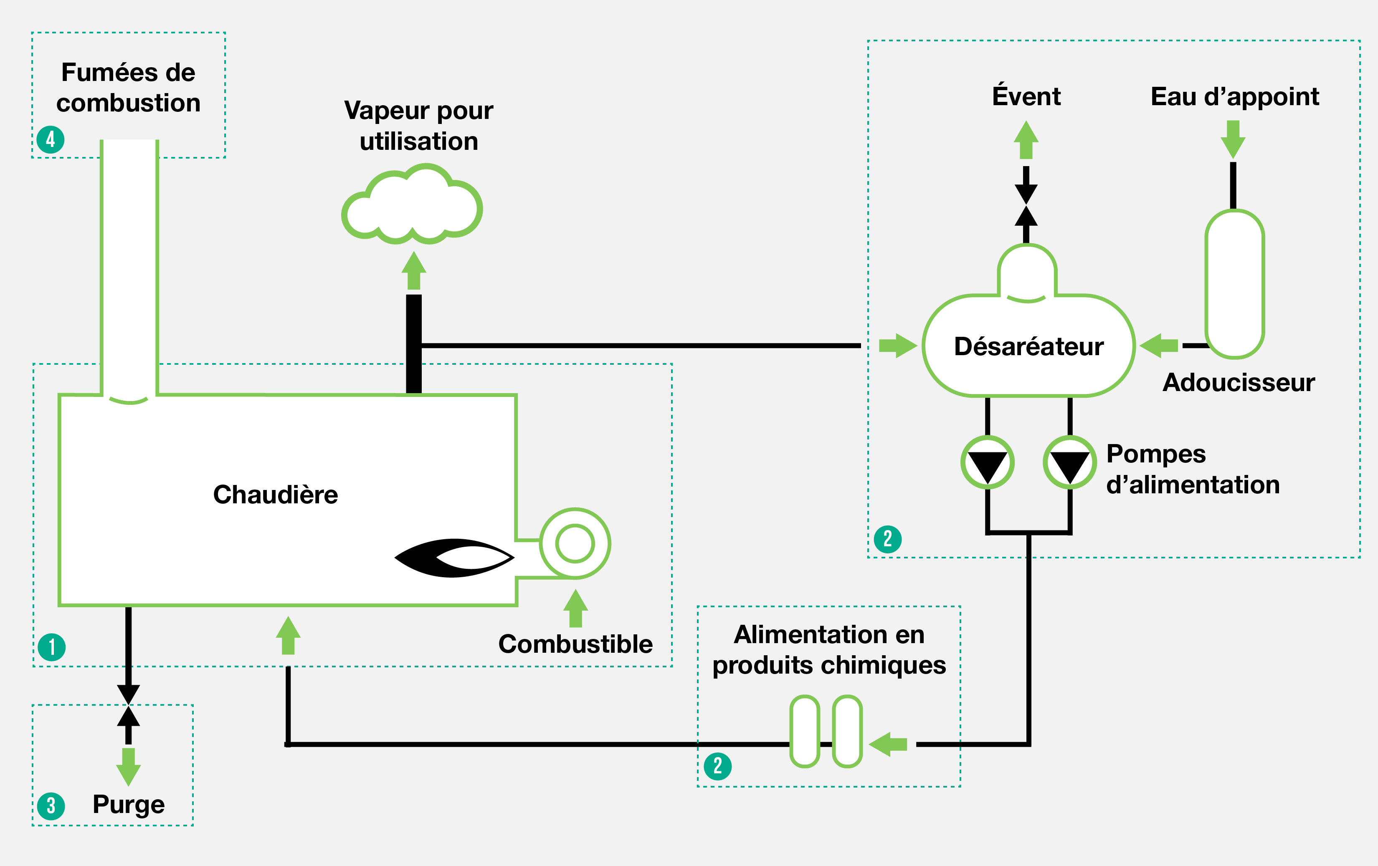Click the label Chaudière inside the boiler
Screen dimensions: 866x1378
point(275,494)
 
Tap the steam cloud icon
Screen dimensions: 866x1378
point(412,206)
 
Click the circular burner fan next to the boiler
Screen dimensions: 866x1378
point(575,543)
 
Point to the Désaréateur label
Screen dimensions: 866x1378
point(1028,347)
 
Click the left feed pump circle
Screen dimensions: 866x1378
point(987,462)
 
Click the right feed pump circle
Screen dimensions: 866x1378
point(1069,462)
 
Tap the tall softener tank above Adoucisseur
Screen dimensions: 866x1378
point(1234,284)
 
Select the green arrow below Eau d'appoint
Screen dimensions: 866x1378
point(1233,139)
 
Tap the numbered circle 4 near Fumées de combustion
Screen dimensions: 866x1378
point(51,139)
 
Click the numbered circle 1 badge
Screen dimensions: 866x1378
point(51,647)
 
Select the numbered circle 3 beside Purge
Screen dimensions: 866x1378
point(51,806)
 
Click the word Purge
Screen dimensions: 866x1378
point(129,804)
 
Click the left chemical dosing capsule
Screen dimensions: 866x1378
point(805,731)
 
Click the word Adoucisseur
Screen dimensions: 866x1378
point(1239,382)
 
